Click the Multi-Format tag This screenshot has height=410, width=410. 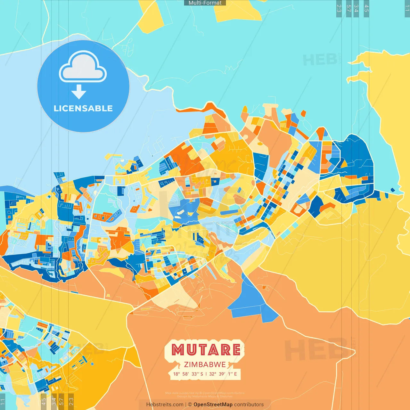pos(205,3)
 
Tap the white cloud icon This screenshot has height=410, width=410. pos(83,66)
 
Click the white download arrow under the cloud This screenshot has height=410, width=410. pos(79,92)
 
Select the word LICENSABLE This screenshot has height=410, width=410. pos(83,108)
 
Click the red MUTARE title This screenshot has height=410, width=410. pos(206,350)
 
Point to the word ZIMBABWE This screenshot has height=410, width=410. pos(205,365)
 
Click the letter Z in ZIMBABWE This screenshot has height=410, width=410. pos(186,365)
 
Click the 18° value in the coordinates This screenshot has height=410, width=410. pos(176,374)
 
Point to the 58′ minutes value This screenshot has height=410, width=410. pos(186,374)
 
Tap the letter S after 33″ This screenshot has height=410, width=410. pos(202,374)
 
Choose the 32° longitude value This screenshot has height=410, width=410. pos(213,374)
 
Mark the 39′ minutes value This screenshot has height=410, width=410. pos(222,374)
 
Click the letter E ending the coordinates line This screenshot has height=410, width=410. pos(235,374)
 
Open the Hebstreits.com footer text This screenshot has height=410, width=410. pos(165,405)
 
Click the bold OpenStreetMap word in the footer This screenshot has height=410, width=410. pos(213,405)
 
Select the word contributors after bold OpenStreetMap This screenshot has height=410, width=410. pos(249,405)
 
